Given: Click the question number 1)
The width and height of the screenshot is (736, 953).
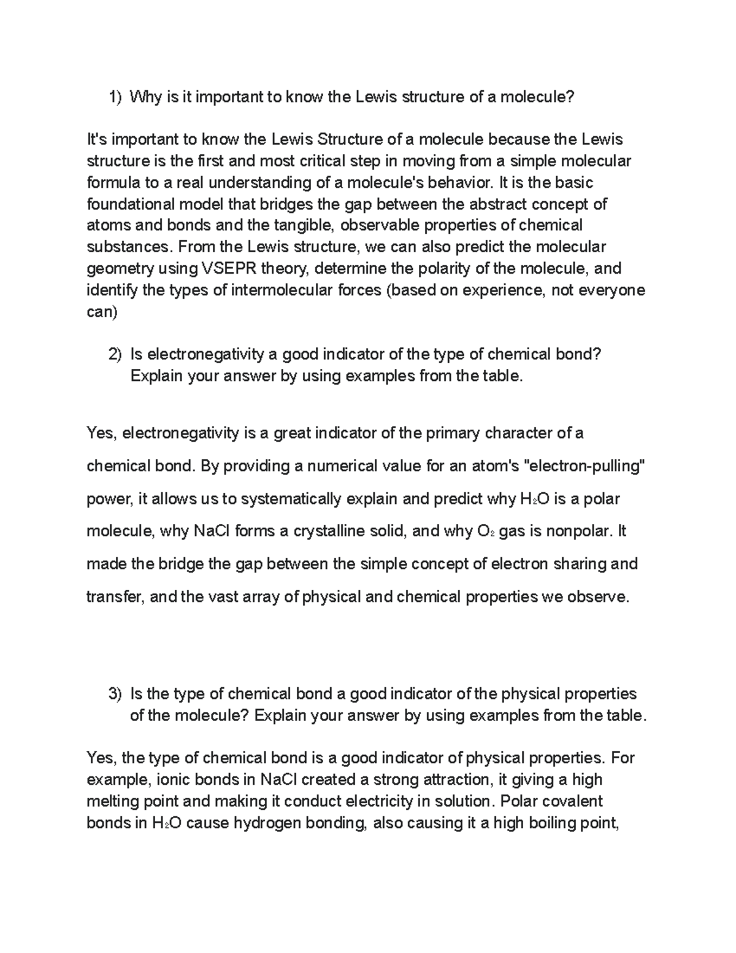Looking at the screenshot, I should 115,97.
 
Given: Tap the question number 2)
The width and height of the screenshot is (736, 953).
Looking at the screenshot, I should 115,355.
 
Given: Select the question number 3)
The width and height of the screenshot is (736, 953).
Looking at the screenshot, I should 115,694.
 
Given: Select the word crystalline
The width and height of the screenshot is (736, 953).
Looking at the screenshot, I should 350,531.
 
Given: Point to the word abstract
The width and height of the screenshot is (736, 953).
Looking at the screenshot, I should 494,204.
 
